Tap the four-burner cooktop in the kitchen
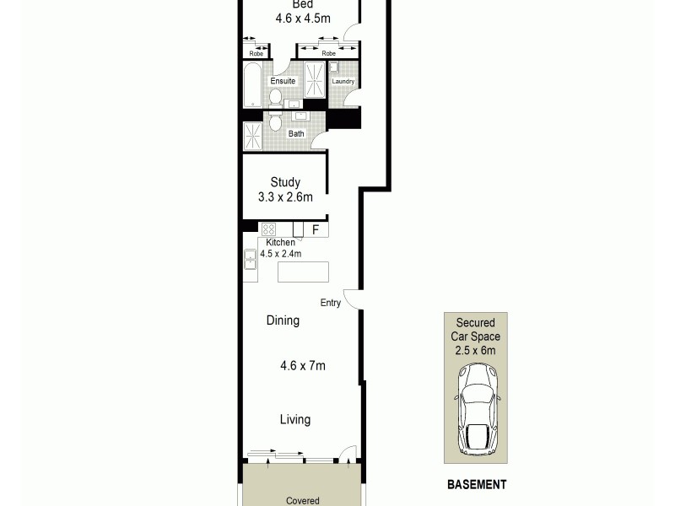click(x=269, y=229)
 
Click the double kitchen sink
click(x=251, y=260)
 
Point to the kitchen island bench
click(x=302, y=272)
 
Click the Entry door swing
click(x=353, y=297)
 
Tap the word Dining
click(x=283, y=320)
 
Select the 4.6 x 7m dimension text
click(x=303, y=365)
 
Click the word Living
click(x=295, y=419)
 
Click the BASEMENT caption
click(x=477, y=485)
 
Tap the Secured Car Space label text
click(x=477, y=336)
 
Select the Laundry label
click(x=343, y=82)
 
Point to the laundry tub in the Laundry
click(x=334, y=67)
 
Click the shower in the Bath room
click(x=253, y=136)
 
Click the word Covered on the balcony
click(x=302, y=500)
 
